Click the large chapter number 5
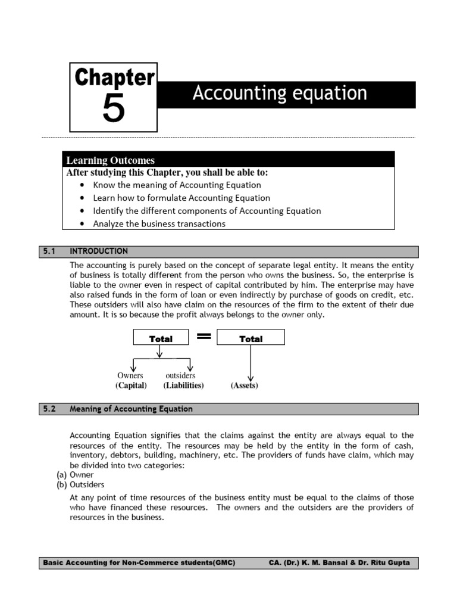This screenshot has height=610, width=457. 114,108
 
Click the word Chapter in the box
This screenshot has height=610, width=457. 114,79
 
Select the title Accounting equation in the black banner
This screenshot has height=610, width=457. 280,94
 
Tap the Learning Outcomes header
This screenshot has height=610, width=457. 111,160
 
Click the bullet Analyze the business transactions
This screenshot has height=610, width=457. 159,224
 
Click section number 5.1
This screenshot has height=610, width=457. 49,251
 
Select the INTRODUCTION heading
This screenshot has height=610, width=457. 99,251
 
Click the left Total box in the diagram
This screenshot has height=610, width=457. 161,338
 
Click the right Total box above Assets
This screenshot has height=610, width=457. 251,338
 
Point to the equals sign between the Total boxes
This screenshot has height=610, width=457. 204,337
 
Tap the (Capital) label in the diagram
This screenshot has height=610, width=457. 131,385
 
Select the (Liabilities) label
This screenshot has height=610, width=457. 183,385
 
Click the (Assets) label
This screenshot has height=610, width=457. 244,385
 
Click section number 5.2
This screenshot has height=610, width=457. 49,409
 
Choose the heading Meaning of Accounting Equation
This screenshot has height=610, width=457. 131,409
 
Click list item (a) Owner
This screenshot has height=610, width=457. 74,475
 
